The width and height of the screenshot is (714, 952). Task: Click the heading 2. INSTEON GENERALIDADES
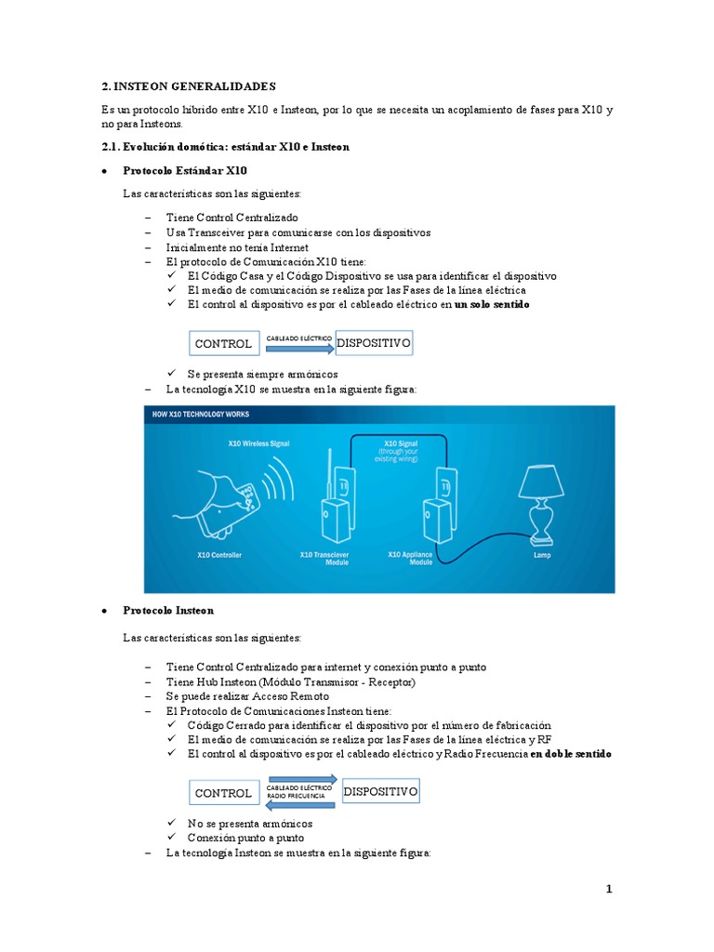189,86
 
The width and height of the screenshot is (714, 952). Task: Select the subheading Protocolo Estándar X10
185,170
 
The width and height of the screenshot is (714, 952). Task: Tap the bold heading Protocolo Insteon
168,611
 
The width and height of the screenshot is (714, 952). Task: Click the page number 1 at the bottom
609,890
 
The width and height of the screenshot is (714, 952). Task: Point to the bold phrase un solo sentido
493,304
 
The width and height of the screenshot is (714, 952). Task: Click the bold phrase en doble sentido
571,754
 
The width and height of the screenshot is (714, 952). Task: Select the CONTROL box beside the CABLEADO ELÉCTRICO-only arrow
223,344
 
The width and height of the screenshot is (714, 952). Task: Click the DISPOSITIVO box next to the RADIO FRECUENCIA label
380,792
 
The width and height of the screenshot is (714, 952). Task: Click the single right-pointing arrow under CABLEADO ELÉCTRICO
299,350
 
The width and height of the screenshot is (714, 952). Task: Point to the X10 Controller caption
219,555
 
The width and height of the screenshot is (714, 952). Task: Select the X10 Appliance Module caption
409,558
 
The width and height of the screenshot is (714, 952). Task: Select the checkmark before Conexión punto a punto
173,838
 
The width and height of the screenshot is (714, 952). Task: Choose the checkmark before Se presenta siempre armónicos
173,374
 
